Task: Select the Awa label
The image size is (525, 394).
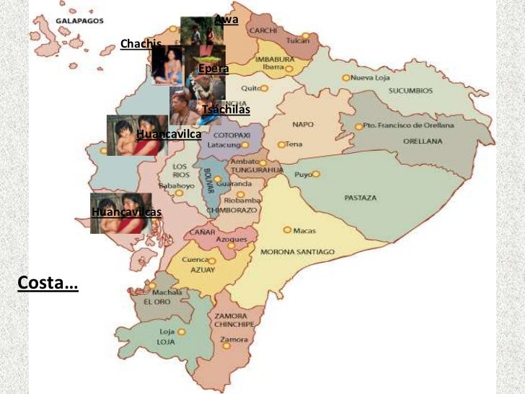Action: [x=226, y=19]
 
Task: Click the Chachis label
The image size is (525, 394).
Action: [x=141, y=44]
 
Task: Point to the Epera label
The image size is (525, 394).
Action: [x=213, y=69]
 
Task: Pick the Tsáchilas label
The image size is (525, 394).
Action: [x=226, y=110]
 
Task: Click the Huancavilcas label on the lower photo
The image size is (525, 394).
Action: [x=127, y=212]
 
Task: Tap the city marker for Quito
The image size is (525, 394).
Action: [x=265, y=88]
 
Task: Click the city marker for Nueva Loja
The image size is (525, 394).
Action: [x=346, y=77]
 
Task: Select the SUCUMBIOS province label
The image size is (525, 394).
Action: [x=410, y=92]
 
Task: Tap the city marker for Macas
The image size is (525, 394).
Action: [x=287, y=229]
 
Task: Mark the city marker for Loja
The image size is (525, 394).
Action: [x=182, y=332]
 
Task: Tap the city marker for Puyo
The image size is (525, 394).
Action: [x=316, y=174]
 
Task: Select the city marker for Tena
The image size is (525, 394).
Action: [x=281, y=144]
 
